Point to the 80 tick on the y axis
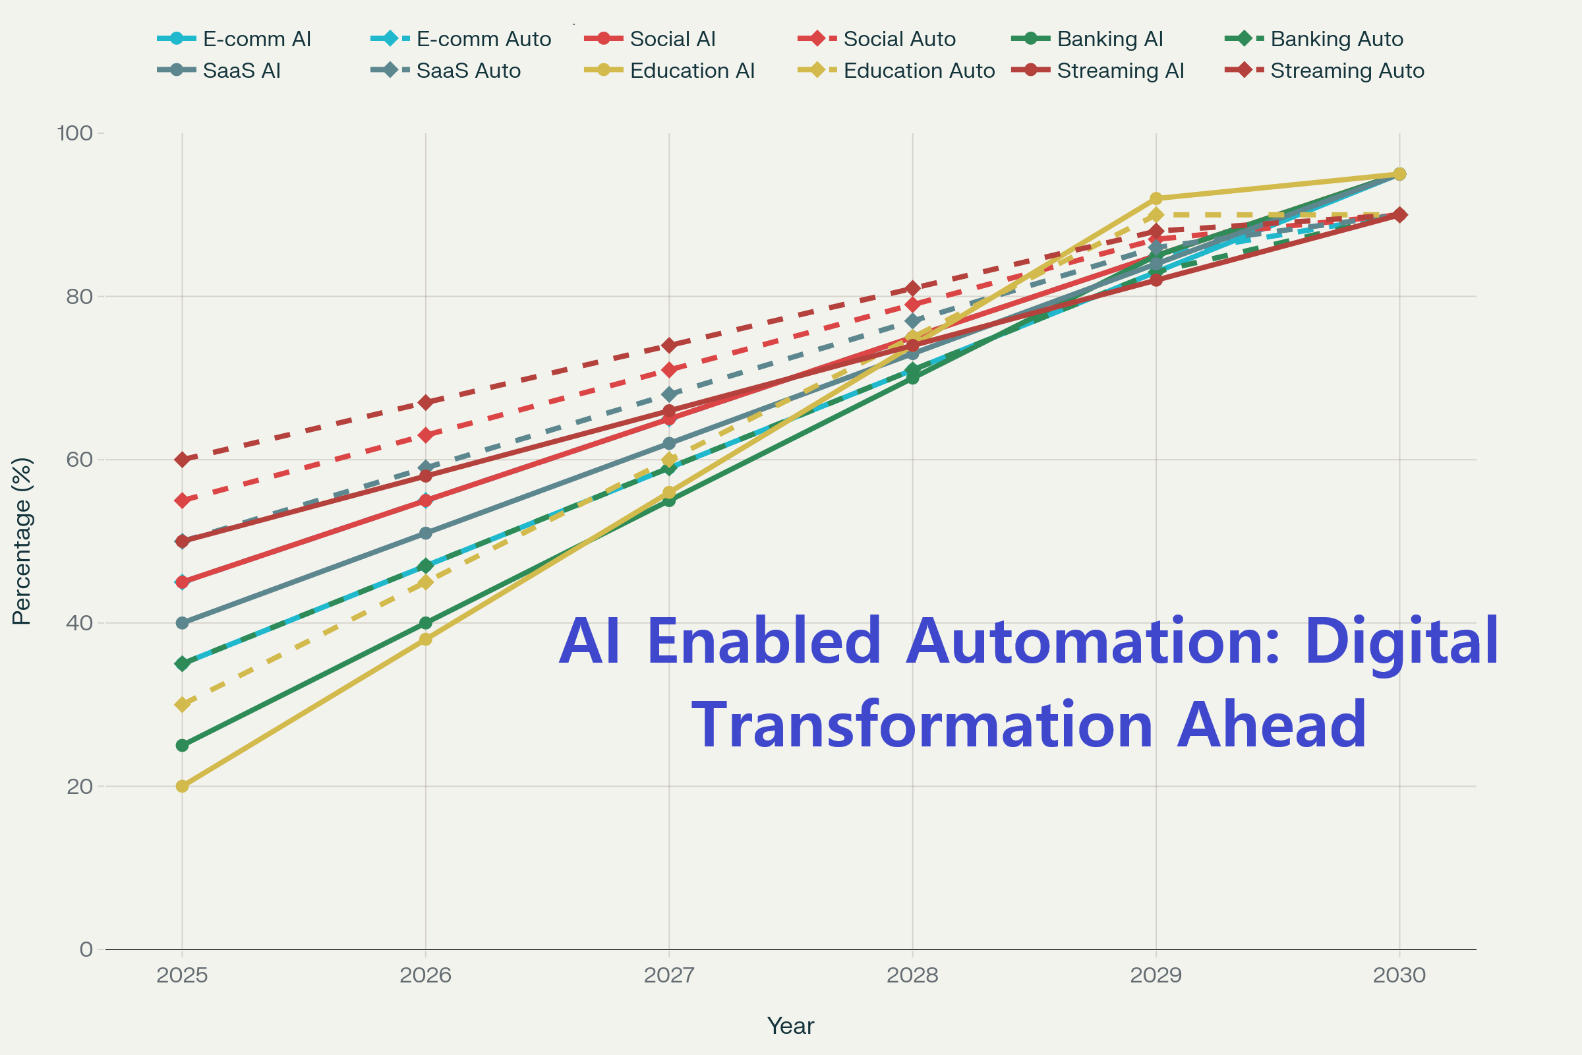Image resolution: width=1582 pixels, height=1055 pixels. (x=79, y=297)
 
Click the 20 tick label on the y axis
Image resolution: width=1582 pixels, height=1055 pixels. (x=79, y=787)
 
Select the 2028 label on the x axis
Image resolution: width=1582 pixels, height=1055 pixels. (x=912, y=976)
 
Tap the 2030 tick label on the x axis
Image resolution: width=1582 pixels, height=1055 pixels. (x=1399, y=976)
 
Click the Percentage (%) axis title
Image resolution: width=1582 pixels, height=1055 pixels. (x=22, y=541)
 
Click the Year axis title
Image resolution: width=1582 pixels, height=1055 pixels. (x=790, y=1026)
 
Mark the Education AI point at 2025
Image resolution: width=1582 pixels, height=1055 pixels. (x=183, y=786)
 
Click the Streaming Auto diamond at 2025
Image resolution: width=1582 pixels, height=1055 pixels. (x=183, y=460)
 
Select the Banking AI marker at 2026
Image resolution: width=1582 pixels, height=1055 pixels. (x=426, y=623)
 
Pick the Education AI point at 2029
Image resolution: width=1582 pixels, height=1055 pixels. (x=1156, y=198)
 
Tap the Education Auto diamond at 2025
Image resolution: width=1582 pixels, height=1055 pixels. (x=183, y=704)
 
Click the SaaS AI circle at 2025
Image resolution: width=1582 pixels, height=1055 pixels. (x=183, y=623)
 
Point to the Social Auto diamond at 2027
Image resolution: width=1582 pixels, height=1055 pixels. (x=669, y=370)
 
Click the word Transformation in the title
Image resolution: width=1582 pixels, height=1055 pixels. (x=922, y=725)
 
